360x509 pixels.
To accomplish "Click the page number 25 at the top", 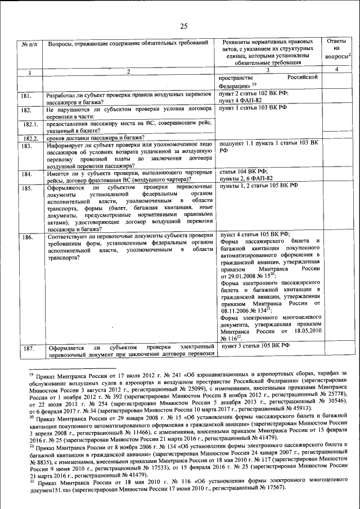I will coord(183,25).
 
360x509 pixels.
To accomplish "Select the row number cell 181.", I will coord(26,96).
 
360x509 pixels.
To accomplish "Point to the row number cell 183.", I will coord(26,146).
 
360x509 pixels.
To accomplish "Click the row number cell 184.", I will coord(26,174).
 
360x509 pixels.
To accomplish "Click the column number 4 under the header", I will coord(335,69).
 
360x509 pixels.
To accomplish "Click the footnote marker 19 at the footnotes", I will coord(31,372).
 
